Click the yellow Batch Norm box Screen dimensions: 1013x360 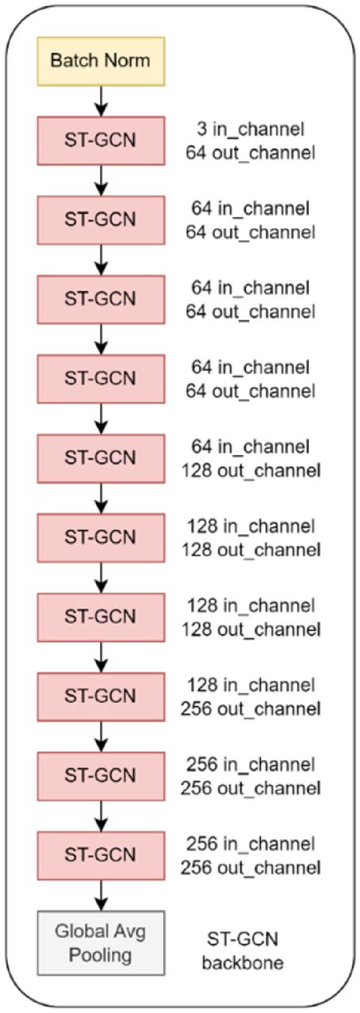point(101,60)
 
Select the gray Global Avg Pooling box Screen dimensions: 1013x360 point(101,942)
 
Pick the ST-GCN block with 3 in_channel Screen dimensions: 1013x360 point(101,140)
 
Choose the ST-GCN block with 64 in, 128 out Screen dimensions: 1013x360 point(101,458)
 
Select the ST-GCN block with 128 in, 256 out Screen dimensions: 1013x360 point(101,696)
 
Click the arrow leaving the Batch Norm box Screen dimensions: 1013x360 point(101,100)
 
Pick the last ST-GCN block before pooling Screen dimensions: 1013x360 point(101,854)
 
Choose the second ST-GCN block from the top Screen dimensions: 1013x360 point(101,220)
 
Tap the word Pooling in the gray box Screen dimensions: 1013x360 point(101,954)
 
